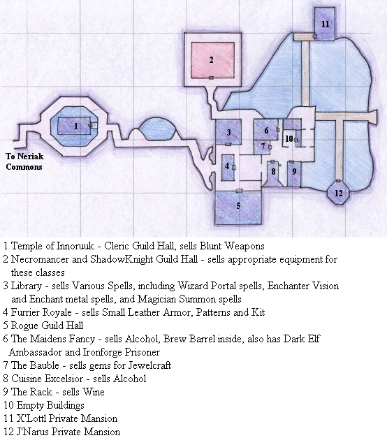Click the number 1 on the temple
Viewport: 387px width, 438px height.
76,126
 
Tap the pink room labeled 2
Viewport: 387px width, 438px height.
212,60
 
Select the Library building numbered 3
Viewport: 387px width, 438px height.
228,132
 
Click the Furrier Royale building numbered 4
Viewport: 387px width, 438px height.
228,168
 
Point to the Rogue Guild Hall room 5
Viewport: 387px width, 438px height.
238,207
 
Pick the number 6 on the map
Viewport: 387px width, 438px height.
266,131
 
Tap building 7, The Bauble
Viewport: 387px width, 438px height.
263,147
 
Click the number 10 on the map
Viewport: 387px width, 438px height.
289,139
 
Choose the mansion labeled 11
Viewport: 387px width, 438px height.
325,24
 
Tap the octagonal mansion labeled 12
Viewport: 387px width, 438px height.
338,193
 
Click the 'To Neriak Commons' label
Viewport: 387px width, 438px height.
24,161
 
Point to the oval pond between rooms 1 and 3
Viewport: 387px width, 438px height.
157,129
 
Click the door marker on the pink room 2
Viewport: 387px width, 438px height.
211,78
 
